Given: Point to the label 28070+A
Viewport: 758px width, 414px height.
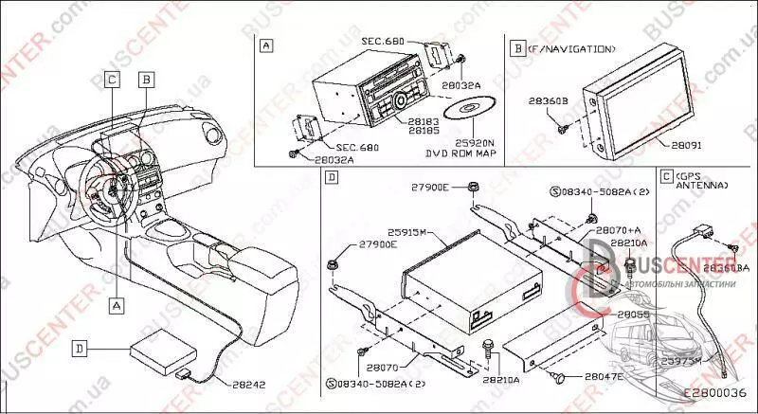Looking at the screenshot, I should pyautogui.click(x=619, y=230).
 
